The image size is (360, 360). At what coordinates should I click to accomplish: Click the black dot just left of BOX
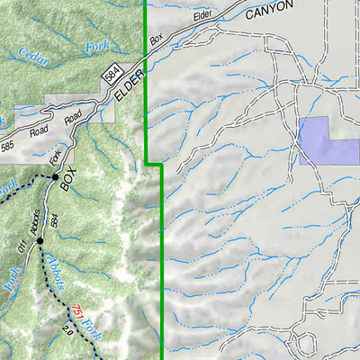tap(56, 176)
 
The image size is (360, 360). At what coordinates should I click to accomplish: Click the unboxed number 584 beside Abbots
tap(55, 220)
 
